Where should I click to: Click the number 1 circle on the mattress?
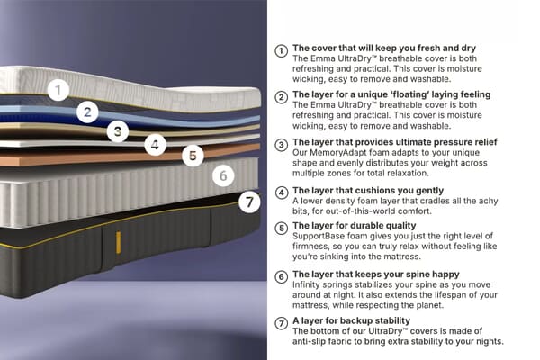pyautogui.click(x=58, y=90)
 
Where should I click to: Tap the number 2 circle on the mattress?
pyautogui.click(x=87, y=112)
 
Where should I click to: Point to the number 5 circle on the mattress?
pyautogui.click(x=192, y=156)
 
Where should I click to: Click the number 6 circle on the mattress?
pyautogui.click(x=223, y=175)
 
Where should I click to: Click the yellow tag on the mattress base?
pyautogui.click(x=118, y=242)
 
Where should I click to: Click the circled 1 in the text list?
pyautogui.click(x=282, y=50)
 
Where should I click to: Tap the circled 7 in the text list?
pyautogui.click(x=282, y=321)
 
